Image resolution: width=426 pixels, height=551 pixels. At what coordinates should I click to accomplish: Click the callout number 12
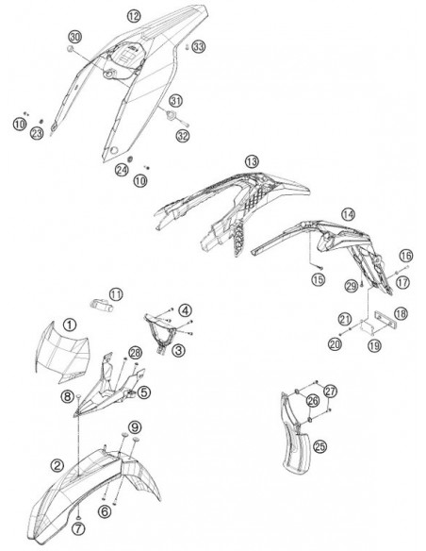tap(134, 16)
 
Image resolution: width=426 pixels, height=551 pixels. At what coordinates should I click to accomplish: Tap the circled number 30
tap(74, 37)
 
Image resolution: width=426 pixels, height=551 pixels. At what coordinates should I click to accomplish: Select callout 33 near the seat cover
tap(199, 46)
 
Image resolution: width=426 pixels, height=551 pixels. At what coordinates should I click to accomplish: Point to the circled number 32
tap(183, 136)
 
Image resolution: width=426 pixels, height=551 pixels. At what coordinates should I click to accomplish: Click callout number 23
tap(37, 133)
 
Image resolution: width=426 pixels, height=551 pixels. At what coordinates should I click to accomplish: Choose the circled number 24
tap(122, 171)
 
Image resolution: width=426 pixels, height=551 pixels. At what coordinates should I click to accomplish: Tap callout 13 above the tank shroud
tap(252, 161)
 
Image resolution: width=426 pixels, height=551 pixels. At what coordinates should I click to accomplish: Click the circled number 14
tap(348, 214)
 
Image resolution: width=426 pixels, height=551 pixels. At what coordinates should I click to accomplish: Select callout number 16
tap(406, 256)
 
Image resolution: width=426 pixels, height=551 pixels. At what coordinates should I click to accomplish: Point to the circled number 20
tap(335, 343)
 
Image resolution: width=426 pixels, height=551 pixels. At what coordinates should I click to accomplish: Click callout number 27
tap(330, 391)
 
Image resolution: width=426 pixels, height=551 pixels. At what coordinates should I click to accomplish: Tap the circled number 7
tap(78, 528)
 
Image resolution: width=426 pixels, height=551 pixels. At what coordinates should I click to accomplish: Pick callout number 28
tap(135, 353)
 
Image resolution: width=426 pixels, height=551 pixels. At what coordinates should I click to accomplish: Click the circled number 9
tap(135, 427)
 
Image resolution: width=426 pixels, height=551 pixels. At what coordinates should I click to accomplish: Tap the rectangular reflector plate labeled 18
tap(385, 319)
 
